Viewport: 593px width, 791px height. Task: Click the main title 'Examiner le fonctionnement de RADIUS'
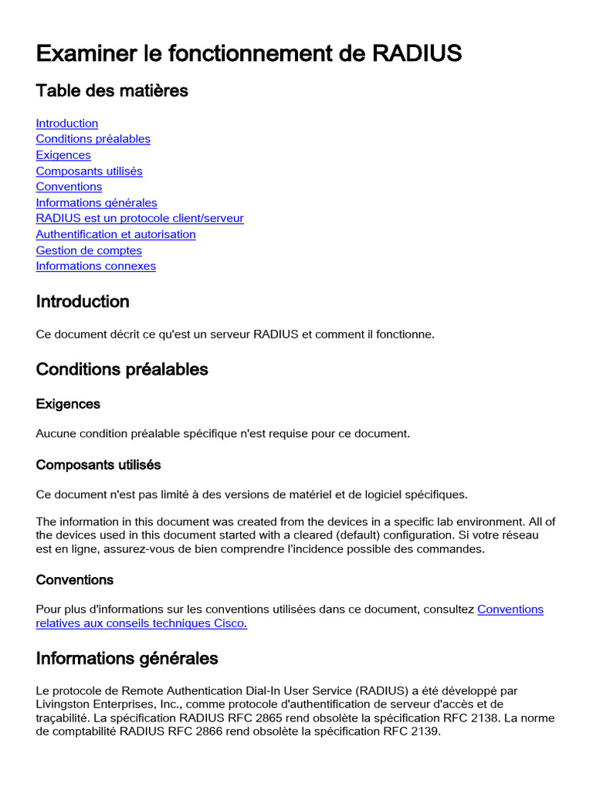pos(249,53)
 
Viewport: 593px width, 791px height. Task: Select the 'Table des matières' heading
pos(112,91)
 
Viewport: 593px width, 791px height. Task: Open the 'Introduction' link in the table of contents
pos(67,124)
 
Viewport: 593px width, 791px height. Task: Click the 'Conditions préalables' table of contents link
pos(93,139)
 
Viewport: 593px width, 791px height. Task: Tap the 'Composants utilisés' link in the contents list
pos(89,171)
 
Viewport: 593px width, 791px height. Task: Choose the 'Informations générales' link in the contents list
pos(97,203)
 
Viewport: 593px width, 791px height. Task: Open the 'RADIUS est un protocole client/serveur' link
pos(140,219)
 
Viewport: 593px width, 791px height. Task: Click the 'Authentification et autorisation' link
pos(116,235)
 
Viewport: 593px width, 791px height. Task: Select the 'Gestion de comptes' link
pos(89,251)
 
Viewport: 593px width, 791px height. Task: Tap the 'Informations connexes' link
pos(96,266)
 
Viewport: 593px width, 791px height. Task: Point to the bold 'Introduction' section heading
pos(83,302)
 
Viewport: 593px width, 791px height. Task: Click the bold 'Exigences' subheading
pos(68,404)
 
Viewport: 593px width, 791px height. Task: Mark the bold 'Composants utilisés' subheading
pos(98,465)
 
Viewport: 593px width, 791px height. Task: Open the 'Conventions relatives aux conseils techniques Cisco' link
pos(141,623)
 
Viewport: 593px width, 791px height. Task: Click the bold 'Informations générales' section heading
pos(127,659)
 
